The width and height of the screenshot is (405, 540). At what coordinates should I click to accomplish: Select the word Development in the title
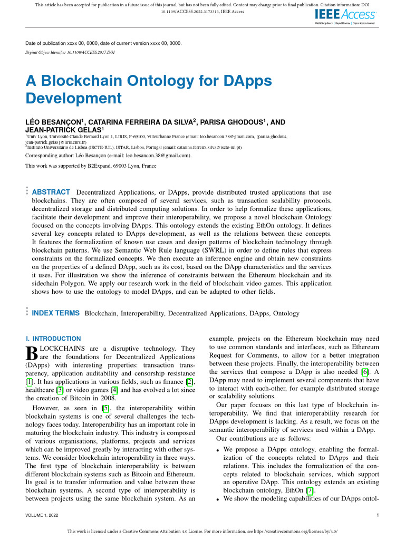point(73,98)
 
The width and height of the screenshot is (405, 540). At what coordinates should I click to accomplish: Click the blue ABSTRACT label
point(51,192)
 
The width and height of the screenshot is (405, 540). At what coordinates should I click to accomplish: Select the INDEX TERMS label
point(56,313)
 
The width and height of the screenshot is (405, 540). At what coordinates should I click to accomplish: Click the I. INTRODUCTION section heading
point(53,339)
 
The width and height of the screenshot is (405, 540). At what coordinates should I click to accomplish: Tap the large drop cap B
point(31,353)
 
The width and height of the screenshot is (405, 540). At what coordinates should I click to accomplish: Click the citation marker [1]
point(30,381)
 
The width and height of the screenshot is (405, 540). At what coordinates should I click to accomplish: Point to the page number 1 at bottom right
point(378,515)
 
